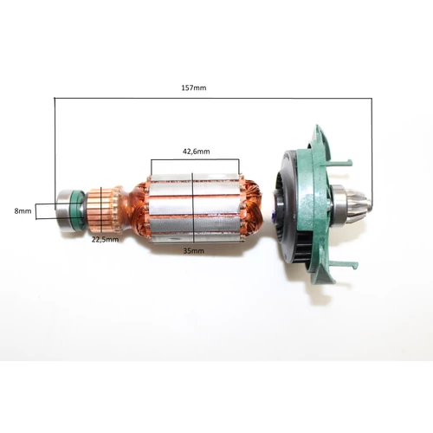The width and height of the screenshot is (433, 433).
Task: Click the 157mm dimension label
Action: (194, 87)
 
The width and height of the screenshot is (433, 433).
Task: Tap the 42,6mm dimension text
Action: (196, 152)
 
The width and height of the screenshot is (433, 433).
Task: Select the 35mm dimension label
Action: (194, 251)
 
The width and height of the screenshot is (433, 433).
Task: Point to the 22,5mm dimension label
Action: (105, 240)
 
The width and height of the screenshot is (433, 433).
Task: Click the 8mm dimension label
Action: (23, 211)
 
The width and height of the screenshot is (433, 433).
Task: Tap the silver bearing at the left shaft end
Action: (66, 210)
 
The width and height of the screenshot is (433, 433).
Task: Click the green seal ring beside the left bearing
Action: (80, 210)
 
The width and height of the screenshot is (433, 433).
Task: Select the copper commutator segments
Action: (101, 210)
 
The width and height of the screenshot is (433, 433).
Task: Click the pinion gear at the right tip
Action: (359, 207)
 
